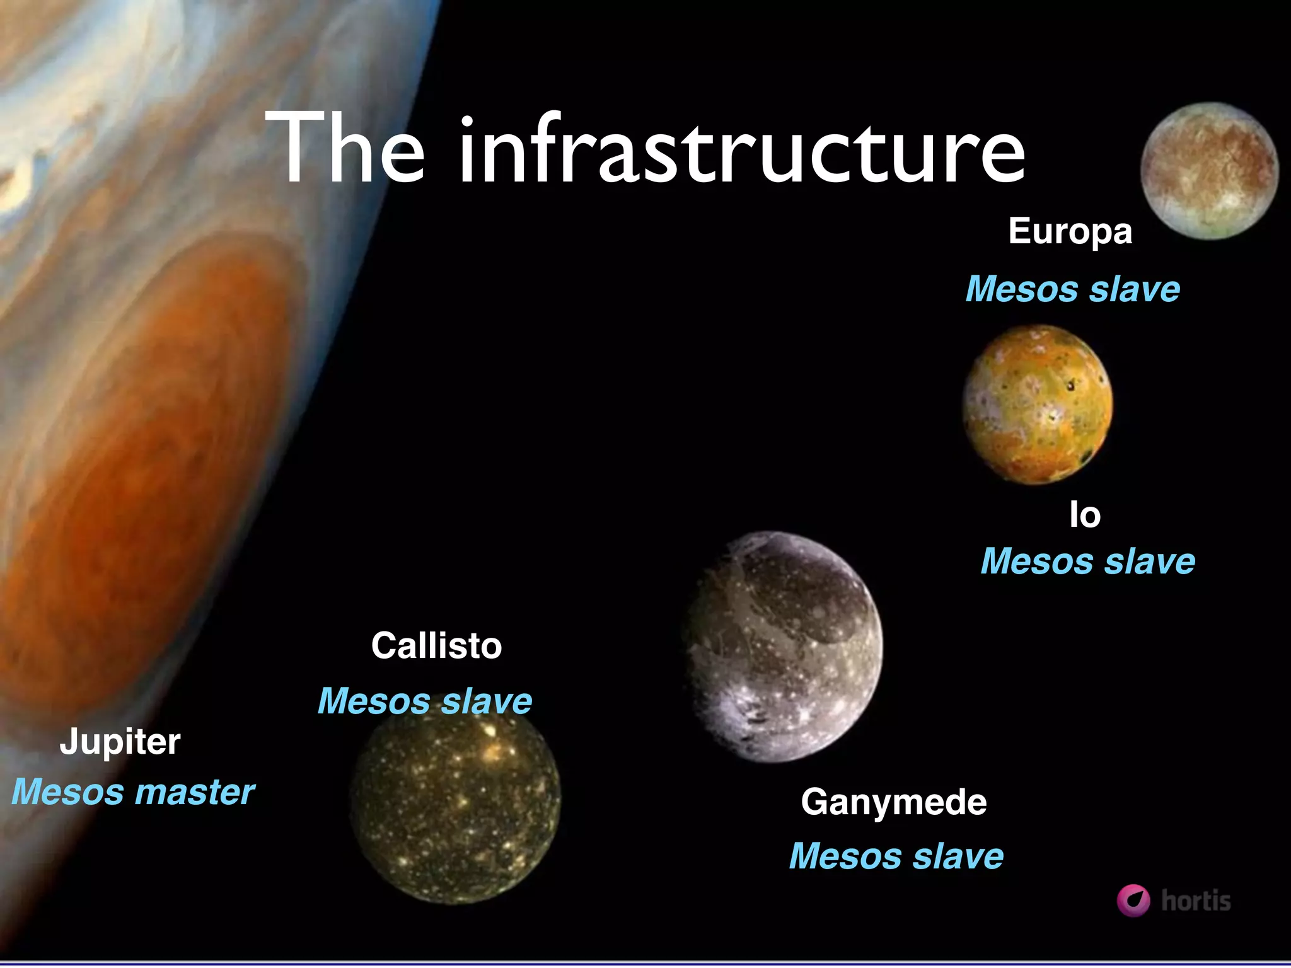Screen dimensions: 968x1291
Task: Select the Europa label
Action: click(1070, 232)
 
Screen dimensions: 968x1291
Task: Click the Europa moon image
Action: click(1209, 171)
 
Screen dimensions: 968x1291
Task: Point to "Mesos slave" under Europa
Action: click(1073, 289)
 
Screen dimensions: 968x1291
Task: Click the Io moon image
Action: click(1038, 405)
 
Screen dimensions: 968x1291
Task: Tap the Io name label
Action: click(1085, 516)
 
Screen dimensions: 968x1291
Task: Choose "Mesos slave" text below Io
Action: click(1087, 561)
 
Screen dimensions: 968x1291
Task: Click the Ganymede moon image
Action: click(783, 645)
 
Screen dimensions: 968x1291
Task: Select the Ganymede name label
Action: click(894, 802)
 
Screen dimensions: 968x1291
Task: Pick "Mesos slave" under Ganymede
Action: click(896, 856)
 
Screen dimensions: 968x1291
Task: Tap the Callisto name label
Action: click(436, 646)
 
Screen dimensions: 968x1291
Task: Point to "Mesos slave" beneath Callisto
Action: click(425, 701)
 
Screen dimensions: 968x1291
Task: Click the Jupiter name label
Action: click(120, 742)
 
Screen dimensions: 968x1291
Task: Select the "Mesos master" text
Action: click(133, 792)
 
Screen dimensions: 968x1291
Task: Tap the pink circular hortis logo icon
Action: click(1133, 900)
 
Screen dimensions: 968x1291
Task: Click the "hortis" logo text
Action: click(1196, 901)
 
